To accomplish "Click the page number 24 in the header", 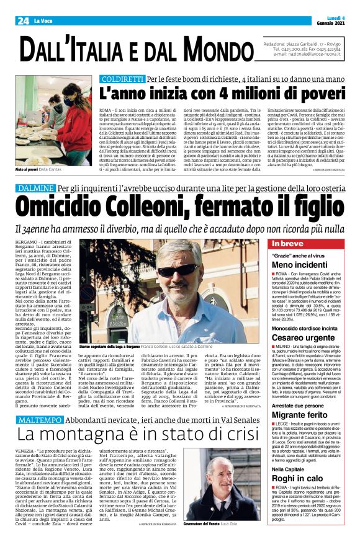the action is point(23,20).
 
